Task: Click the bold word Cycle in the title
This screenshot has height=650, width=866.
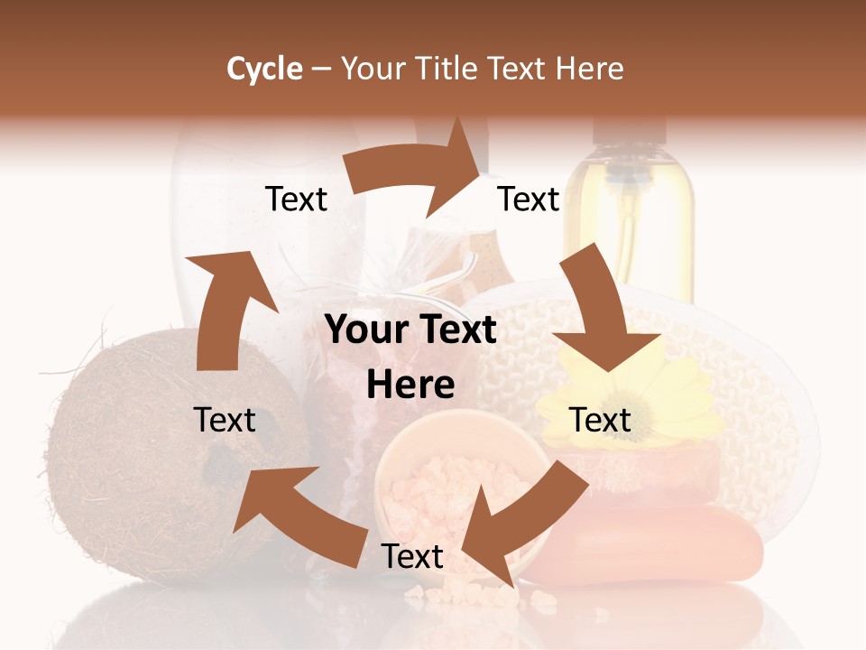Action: [264, 69]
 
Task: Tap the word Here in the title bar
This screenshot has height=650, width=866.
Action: [590, 69]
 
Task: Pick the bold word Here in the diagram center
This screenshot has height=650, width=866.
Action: [410, 385]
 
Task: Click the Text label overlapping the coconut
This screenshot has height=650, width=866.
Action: [226, 420]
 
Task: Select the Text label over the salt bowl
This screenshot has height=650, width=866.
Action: [412, 556]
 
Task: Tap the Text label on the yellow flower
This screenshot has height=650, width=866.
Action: [601, 420]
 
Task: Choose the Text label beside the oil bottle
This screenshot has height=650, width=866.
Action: [529, 199]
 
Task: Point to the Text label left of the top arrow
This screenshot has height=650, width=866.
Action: [296, 199]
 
